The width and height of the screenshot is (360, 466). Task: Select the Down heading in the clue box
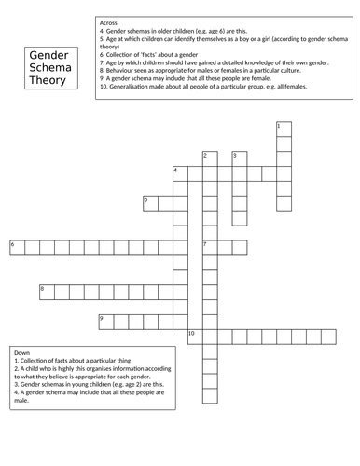tap(23, 353)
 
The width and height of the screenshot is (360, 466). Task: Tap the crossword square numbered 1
tap(284, 127)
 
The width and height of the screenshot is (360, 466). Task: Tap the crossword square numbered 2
tap(210, 157)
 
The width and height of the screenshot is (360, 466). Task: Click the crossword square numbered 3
tap(240, 157)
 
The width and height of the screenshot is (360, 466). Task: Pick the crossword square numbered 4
tap(180, 171)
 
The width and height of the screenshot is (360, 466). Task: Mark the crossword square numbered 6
tap(17, 246)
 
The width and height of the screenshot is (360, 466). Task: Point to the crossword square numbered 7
tap(210, 246)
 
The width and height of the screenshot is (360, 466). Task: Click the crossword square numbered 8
tap(47, 291)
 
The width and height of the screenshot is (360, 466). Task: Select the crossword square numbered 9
tap(106, 321)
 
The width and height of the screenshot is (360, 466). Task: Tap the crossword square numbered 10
tap(195, 336)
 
